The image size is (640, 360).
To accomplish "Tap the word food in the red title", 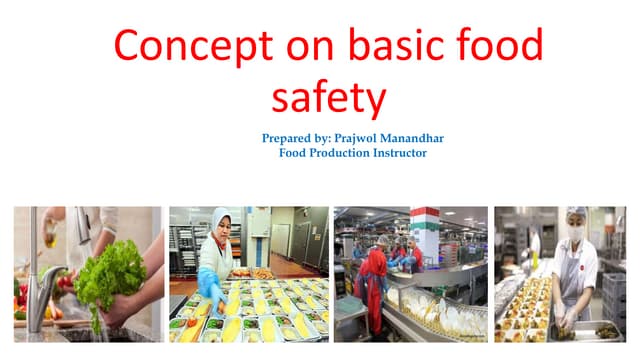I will (x=500, y=47).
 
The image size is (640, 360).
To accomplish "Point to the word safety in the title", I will (x=328, y=99).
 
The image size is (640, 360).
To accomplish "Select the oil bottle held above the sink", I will (x=49, y=232).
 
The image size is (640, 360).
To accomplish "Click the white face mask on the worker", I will (x=575, y=233).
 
